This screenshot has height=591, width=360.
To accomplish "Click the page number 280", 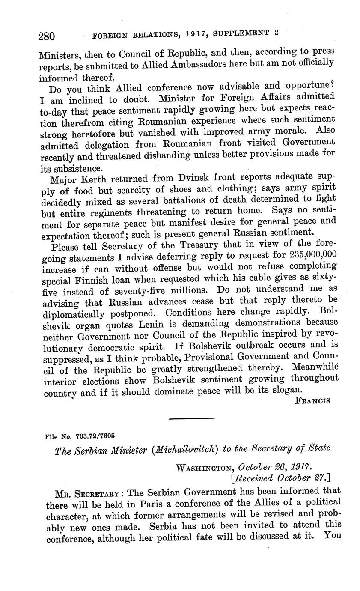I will coord(46,36).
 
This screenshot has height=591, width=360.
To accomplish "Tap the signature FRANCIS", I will coord(313,400).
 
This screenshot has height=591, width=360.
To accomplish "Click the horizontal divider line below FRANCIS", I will coord(192,418).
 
